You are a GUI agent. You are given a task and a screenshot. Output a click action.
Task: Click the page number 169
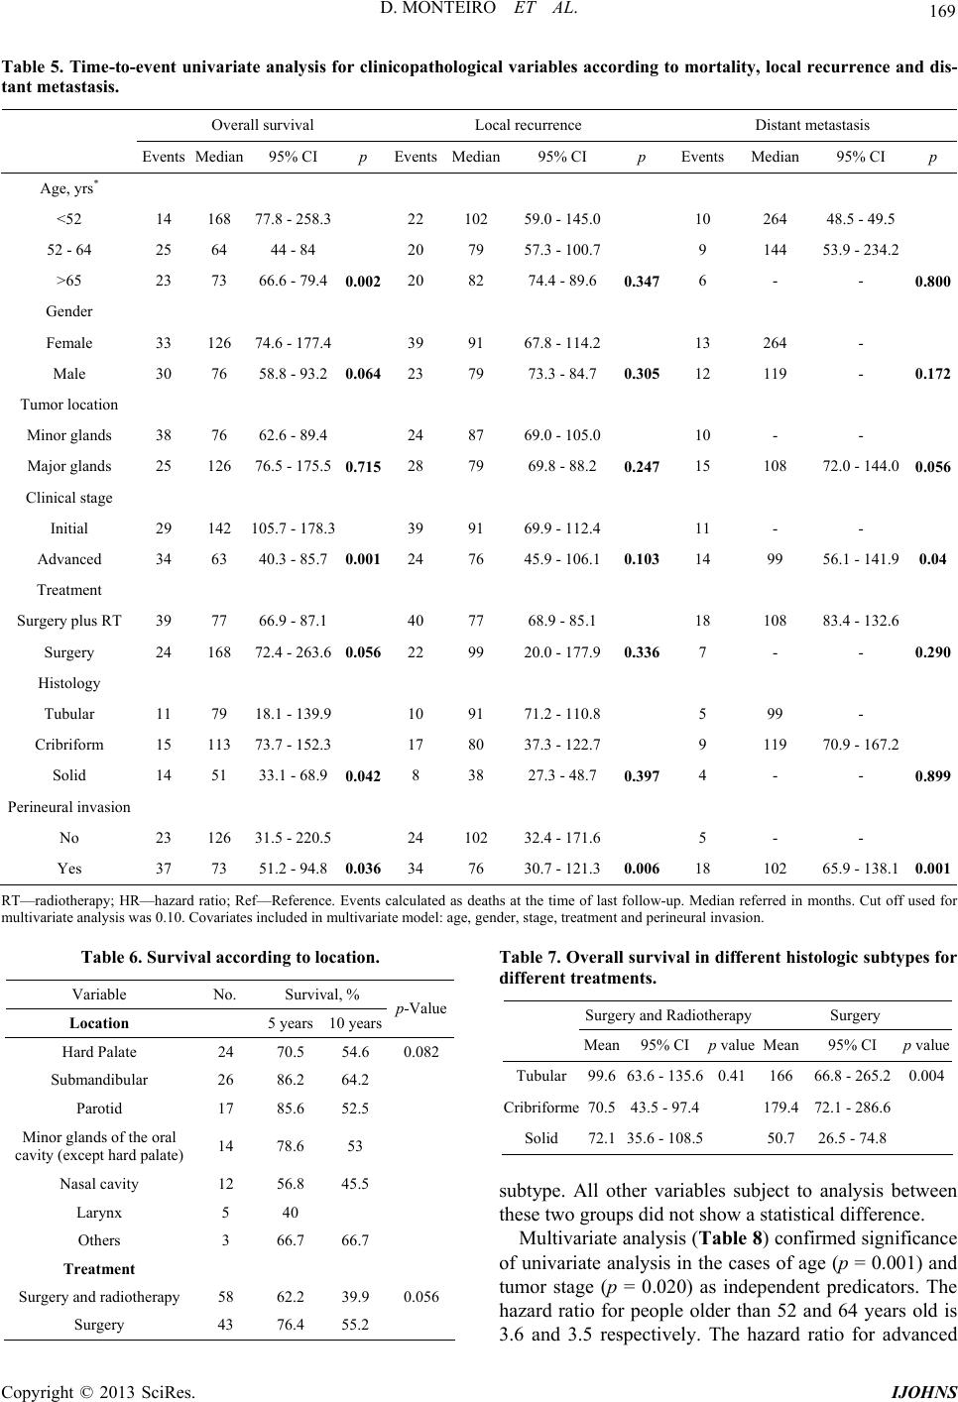(942, 11)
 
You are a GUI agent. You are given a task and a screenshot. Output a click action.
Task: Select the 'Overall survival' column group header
(263, 125)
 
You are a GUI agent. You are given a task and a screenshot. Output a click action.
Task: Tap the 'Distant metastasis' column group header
(812, 125)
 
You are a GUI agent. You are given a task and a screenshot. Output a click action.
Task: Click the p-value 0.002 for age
(363, 281)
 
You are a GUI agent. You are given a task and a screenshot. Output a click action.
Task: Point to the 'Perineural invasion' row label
(68, 807)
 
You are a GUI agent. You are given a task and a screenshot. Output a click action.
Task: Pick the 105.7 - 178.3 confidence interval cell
(293, 528)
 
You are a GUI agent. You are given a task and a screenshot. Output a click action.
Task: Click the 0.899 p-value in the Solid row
(933, 776)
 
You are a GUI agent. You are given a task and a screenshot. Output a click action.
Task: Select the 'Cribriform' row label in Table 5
(68, 745)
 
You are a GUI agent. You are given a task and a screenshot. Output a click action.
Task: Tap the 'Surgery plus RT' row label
(68, 621)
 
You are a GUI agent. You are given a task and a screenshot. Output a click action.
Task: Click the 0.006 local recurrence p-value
(642, 869)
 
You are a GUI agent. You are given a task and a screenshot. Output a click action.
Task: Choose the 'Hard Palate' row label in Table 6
(99, 1051)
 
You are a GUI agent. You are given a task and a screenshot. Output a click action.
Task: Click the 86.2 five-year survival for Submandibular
(291, 1080)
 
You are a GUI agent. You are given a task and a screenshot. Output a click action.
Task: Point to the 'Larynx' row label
(99, 1213)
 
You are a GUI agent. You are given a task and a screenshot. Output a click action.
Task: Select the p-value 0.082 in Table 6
(421, 1051)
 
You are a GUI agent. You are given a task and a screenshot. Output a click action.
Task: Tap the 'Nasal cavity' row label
(99, 1184)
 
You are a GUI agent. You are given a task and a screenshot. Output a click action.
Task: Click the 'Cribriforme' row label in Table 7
(541, 1108)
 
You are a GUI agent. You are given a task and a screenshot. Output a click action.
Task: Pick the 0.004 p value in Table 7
(926, 1076)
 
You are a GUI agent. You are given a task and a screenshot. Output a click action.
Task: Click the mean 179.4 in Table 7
(780, 1108)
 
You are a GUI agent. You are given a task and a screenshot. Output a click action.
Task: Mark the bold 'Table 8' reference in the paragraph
(723, 1238)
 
